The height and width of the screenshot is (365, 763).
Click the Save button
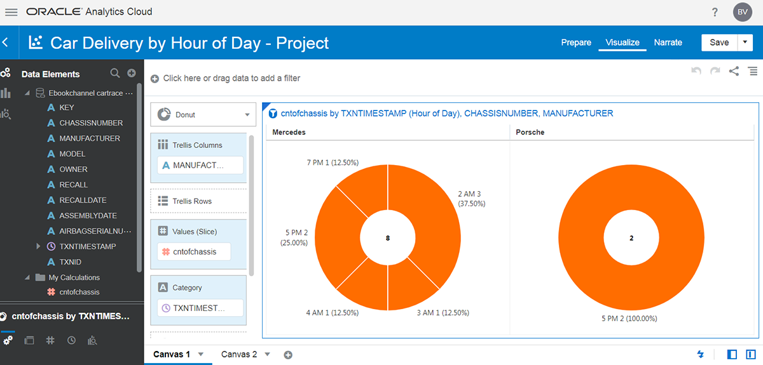[x=719, y=43]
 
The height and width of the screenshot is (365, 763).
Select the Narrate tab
[x=668, y=43]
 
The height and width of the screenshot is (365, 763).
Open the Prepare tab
[x=576, y=43]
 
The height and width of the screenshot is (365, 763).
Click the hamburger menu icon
[x=11, y=12]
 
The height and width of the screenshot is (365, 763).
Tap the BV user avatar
[x=742, y=12]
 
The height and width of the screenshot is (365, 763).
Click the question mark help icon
[x=715, y=12]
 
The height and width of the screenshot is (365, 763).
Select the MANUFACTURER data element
[x=89, y=138]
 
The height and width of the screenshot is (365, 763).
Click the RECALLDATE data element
[x=83, y=200]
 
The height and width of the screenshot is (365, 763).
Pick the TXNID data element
[x=70, y=262]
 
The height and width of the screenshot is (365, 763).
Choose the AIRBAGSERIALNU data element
[x=95, y=231]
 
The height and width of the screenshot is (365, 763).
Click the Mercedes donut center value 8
[x=388, y=238]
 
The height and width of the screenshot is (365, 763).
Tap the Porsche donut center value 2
[x=631, y=238]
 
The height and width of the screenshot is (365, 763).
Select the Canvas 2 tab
[x=239, y=354]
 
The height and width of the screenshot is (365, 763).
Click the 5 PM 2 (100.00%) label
[x=630, y=319]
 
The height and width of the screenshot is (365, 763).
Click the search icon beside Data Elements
[x=115, y=74]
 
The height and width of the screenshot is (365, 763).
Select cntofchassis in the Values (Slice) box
[x=194, y=252]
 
